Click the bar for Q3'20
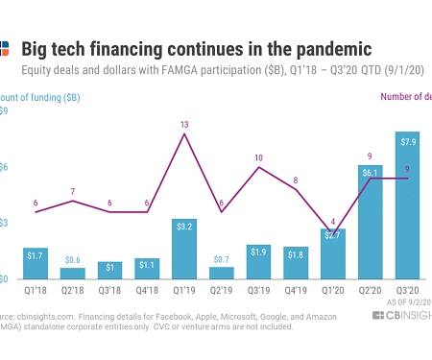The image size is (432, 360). [407, 205]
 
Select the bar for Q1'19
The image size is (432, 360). [186, 249]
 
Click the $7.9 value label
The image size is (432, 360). [407, 143]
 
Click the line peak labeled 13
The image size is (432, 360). [185, 125]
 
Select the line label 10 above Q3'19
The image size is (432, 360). [259, 157]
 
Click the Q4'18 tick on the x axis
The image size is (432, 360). [148, 289]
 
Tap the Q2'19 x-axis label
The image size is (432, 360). [222, 289]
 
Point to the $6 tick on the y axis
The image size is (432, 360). [4, 167]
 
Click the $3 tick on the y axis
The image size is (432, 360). [4, 223]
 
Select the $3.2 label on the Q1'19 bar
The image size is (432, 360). [186, 227]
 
